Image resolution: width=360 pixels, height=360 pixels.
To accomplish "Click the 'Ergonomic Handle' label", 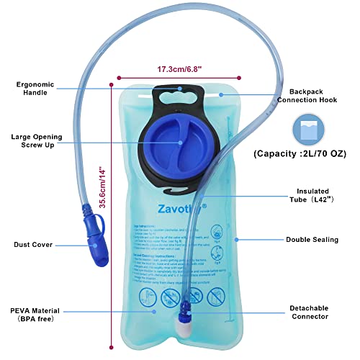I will pyautogui.click(x=35, y=89).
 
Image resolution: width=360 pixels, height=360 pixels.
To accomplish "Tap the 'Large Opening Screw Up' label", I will pyautogui.click(x=35, y=141).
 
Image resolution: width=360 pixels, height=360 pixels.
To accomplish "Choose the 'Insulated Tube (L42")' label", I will pyautogui.click(x=313, y=195).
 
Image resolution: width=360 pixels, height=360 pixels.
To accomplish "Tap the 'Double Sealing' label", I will pyautogui.click(x=315, y=239).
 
